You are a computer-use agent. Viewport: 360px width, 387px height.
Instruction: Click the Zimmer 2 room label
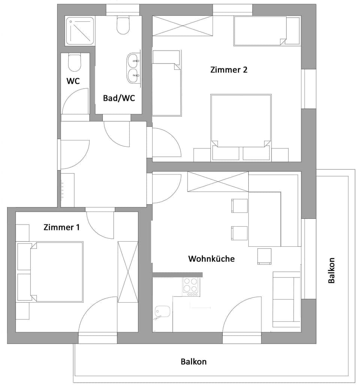click(229, 70)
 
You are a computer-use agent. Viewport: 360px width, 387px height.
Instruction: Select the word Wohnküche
click(211, 259)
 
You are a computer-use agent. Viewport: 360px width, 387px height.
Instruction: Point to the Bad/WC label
click(119, 98)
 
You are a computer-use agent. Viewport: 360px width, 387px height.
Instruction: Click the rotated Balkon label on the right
click(331, 270)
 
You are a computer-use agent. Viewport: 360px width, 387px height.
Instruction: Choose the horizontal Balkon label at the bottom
click(193, 362)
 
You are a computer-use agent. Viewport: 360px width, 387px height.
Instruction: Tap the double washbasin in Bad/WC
click(133, 68)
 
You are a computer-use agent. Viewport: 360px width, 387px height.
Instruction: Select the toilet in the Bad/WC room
click(123, 26)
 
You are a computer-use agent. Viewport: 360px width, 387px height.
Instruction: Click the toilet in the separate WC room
click(75, 63)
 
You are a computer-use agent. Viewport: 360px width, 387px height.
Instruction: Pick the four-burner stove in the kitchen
click(191, 286)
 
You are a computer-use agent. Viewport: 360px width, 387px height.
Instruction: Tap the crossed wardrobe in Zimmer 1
click(128, 272)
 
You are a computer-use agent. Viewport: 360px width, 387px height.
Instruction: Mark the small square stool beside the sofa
click(264, 256)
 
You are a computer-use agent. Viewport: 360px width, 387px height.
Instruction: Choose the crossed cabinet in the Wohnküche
click(217, 181)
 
